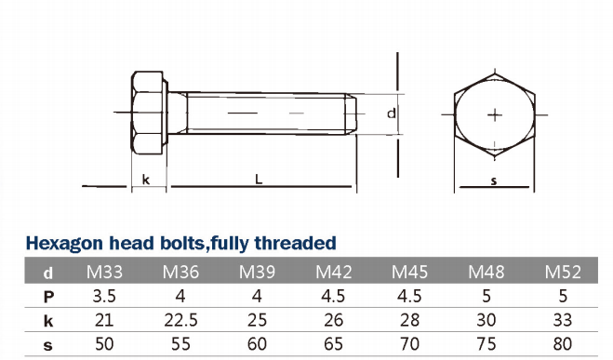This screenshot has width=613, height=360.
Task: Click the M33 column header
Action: (104, 272)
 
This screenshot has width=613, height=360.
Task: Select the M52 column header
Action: (563, 272)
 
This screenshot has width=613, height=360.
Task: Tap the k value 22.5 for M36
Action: (181, 320)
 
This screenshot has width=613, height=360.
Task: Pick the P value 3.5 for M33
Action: (104, 296)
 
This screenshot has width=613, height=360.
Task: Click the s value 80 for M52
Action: (563, 344)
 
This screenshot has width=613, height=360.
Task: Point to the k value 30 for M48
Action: (486, 320)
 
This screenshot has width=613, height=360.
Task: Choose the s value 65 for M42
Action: (333, 344)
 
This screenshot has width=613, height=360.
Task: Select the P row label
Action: (48, 297)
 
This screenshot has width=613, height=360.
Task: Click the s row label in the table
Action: (47, 345)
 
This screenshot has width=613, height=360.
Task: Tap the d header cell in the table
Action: (48, 273)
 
